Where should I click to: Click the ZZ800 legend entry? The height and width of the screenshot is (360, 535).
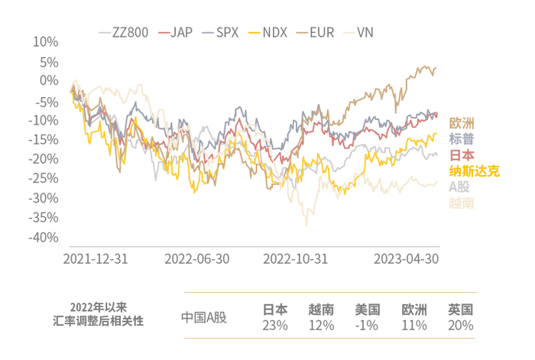pyautogui.click(x=123, y=33)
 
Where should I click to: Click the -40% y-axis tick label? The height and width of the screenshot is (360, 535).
pyautogui.click(x=44, y=238)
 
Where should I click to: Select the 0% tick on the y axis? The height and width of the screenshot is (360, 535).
pyautogui.click(x=49, y=80)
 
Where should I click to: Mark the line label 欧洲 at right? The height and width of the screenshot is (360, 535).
pyautogui.click(x=462, y=123)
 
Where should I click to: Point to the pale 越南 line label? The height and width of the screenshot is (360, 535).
pyautogui.click(x=462, y=203)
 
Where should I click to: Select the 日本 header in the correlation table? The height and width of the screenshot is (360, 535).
pyautogui.click(x=275, y=310)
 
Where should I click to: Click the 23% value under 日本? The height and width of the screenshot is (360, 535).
pyautogui.click(x=275, y=326)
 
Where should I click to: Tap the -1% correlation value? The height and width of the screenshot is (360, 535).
pyautogui.click(x=367, y=326)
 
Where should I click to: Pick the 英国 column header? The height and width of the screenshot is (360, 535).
pyautogui.click(x=460, y=310)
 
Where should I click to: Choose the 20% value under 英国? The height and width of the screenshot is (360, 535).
pyautogui.click(x=460, y=326)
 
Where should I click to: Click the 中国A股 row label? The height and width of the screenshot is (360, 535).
pyautogui.click(x=205, y=317)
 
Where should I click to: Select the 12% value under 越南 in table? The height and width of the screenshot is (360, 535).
pyautogui.click(x=321, y=326)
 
